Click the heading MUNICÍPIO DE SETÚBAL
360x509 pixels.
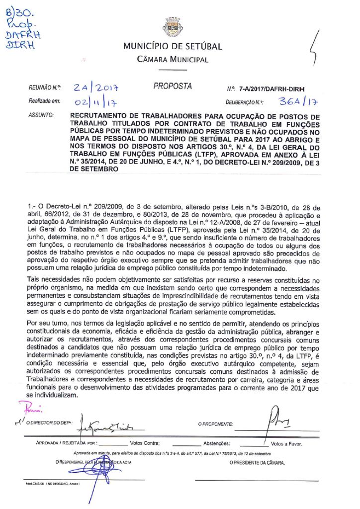click(173, 47)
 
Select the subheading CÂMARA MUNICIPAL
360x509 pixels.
click(173, 60)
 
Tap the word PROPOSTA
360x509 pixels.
click(173, 86)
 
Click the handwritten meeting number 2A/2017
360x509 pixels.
click(98, 88)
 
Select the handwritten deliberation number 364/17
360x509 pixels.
click(298, 102)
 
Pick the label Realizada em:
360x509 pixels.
click(44, 102)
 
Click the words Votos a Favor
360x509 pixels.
click(286, 443)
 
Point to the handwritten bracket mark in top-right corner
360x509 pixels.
click(313, 47)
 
